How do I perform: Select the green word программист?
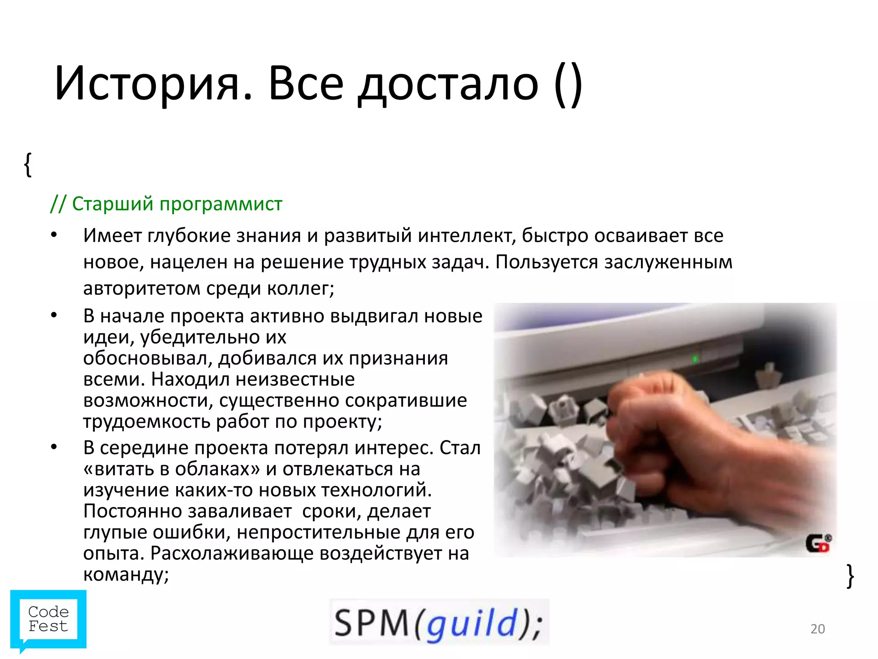pyautogui.click(x=221, y=204)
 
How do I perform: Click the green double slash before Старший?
pyautogui.click(x=58, y=204)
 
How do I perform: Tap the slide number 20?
pyautogui.click(x=818, y=629)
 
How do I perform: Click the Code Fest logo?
pyautogui.click(x=48, y=620)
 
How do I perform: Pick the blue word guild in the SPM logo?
pyautogui.click(x=472, y=623)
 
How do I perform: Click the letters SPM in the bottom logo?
pyautogui.click(x=372, y=623)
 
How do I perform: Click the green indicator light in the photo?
pyautogui.click(x=695, y=358)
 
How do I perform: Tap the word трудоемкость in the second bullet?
pyautogui.click(x=147, y=422)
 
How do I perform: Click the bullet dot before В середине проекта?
pyautogui.click(x=54, y=447)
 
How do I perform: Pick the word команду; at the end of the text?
pyautogui.click(x=126, y=574)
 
